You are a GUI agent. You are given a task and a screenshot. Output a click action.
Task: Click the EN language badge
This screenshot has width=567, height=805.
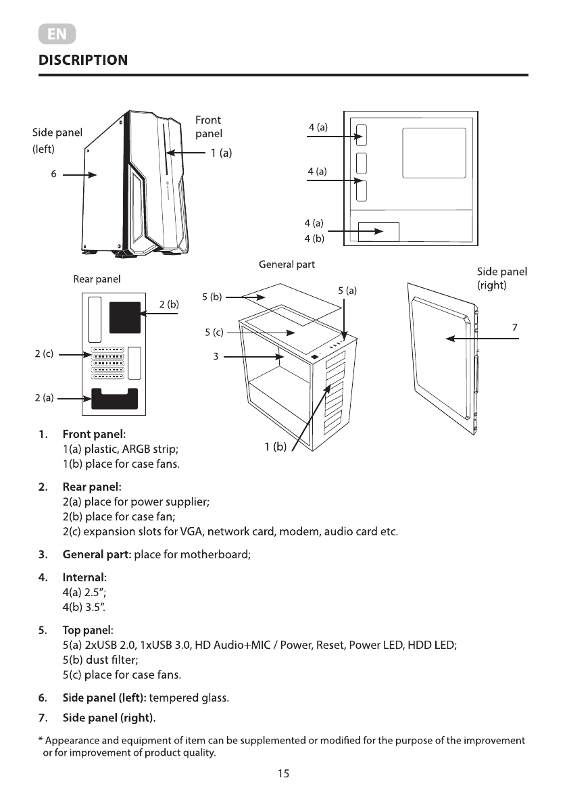coord(57,34)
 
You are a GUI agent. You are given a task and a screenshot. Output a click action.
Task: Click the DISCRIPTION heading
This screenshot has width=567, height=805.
coord(83,60)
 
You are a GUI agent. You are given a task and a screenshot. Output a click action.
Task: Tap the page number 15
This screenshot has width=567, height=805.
coord(283,773)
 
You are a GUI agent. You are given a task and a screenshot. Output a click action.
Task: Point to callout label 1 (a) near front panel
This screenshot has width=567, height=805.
coord(221,153)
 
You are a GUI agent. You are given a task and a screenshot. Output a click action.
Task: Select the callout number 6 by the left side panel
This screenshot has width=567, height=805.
coord(53,174)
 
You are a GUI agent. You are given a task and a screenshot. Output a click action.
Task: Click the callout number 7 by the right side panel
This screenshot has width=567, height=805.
coord(515,327)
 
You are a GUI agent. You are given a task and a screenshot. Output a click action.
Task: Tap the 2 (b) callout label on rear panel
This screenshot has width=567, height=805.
coord(169,304)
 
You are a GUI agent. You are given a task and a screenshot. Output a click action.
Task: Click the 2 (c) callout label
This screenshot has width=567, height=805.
coord(45,353)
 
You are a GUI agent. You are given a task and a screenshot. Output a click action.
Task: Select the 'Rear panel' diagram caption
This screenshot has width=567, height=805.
coord(97,278)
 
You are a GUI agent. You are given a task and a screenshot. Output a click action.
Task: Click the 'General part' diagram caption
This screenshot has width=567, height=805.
coord(287,264)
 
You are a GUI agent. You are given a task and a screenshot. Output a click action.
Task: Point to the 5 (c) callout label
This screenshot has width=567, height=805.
coord(214,333)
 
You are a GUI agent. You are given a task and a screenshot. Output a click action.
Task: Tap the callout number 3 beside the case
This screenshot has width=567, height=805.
coord(216,356)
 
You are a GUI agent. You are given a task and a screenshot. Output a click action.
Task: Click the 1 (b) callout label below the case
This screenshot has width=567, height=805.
coord(276,446)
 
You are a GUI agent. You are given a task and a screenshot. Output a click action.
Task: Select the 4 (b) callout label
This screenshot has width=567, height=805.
coord(314,238)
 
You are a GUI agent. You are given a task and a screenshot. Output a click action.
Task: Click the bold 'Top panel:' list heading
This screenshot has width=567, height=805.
coord(88,631)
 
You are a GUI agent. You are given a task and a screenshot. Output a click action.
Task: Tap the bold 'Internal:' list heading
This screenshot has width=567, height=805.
coord(84,578)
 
